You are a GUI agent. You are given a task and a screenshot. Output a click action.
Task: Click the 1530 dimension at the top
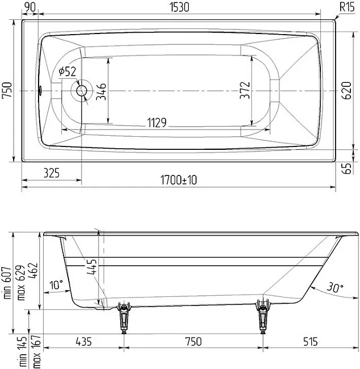coord(179,7)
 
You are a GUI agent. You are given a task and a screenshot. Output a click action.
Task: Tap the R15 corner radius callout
coord(347,7)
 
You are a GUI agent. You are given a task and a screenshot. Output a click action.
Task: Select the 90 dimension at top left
coord(30,7)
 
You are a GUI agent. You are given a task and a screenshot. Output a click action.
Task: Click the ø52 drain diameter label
coord(67,72)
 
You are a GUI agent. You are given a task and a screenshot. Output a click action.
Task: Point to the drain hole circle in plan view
coord(82,91)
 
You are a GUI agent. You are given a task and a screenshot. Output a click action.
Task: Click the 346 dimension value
coord(101,91)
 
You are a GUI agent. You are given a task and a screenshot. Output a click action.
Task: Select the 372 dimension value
coord(245,90)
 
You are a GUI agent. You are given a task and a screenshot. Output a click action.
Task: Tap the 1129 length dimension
coord(156,123)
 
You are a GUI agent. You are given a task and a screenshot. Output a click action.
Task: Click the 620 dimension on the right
coord(346,90)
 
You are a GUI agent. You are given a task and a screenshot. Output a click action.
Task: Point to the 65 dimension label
coord(346,169)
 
